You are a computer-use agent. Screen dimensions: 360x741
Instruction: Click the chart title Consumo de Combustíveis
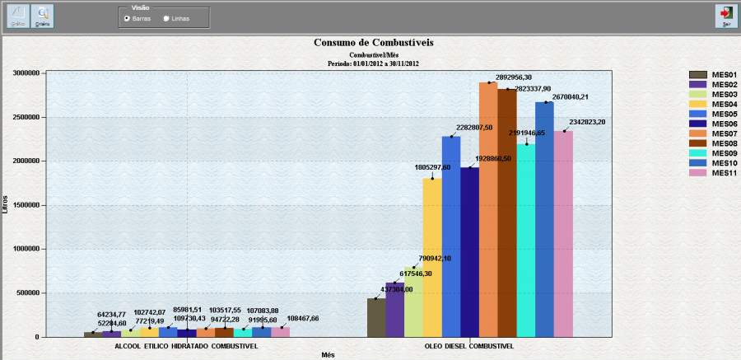point(374,42)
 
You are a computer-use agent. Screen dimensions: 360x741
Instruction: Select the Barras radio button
point(127,18)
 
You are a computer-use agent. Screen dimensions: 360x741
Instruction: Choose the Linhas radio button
point(168,18)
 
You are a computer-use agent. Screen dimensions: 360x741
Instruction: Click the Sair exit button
point(725,16)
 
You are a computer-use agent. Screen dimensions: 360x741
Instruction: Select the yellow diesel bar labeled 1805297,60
point(432,255)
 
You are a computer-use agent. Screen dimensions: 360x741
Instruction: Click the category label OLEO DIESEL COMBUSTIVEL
point(470,346)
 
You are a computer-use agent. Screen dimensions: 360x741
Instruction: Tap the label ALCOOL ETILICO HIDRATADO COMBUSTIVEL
point(185,346)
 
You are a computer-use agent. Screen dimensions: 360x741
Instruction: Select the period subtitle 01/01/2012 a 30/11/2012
point(374,63)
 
